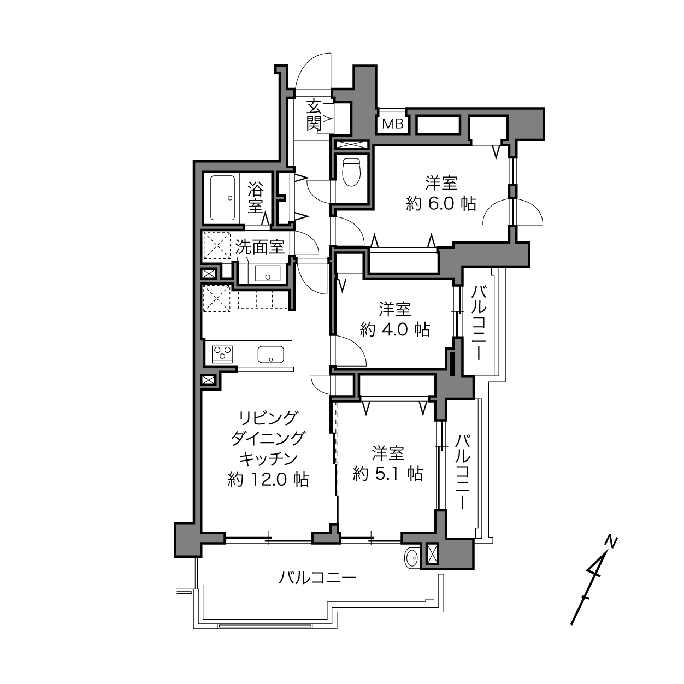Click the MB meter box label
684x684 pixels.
pyautogui.click(x=393, y=124)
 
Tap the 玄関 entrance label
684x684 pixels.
pyautogui.click(x=314, y=115)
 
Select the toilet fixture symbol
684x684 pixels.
pyautogui.click(x=351, y=172)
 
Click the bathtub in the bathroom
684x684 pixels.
pyautogui.click(x=222, y=198)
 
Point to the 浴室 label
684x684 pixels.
pyautogui.click(x=256, y=198)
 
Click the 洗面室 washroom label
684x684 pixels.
pyautogui.click(x=260, y=247)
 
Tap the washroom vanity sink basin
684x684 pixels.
pyautogui.click(x=268, y=273)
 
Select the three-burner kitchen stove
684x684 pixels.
pyautogui.click(x=222, y=354)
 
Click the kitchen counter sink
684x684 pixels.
pyautogui.click(x=270, y=354)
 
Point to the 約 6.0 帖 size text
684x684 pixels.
pyautogui.click(x=441, y=204)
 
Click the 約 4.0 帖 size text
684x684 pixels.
pyautogui.click(x=394, y=330)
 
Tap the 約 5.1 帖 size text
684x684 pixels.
pyautogui.click(x=388, y=474)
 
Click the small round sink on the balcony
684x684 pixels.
pyautogui.click(x=412, y=559)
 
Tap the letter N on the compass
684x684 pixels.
pyautogui.click(x=610, y=541)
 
